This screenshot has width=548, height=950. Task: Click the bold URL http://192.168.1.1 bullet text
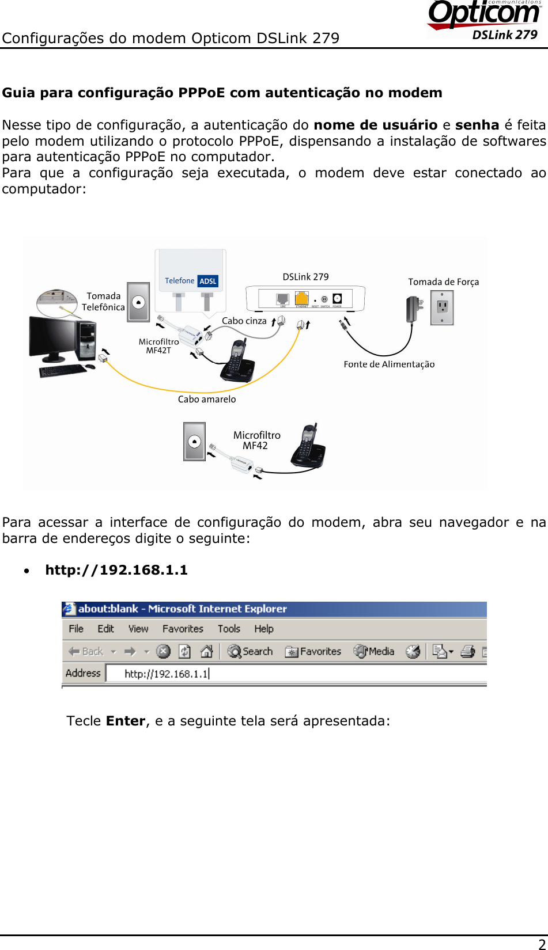(116, 570)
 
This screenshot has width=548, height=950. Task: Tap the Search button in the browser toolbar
(250, 651)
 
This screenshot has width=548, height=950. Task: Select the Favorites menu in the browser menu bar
(183, 629)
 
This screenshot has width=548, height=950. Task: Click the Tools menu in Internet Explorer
(229, 629)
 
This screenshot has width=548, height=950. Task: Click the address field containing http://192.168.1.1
(288, 674)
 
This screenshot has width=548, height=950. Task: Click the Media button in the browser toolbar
(375, 651)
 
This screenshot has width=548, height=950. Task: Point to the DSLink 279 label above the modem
(305, 277)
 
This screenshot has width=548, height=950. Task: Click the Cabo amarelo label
(207, 399)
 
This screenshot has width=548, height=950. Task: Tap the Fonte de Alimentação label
(389, 364)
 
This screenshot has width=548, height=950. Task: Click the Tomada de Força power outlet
(442, 307)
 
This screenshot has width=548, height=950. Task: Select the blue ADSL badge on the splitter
(208, 281)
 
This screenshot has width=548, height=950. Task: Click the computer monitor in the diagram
(54, 336)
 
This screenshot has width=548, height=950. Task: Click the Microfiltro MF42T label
(158, 345)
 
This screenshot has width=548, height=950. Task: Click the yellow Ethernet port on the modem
(301, 298)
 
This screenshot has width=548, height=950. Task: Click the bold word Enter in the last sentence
(126, 721)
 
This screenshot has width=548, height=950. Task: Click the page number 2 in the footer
(542, 943)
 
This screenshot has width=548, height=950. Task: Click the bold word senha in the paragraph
(477, 125)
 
